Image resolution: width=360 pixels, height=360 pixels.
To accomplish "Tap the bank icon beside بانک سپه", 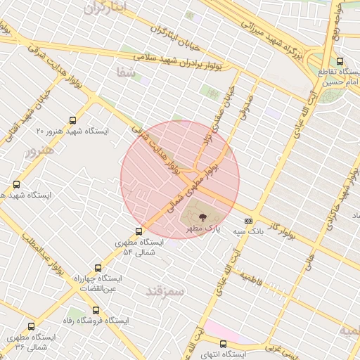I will click(248, 221).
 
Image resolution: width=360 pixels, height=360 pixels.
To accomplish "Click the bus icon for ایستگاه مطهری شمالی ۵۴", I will click(139, 231).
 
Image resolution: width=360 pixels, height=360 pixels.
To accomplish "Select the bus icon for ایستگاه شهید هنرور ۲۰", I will click(74, 120).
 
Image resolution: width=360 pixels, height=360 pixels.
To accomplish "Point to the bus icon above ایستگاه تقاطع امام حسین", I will click(340, 62).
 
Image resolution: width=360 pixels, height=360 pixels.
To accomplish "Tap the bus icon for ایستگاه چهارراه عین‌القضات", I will click(97, 268).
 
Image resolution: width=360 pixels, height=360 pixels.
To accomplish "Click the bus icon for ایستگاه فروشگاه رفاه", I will click(96, 310).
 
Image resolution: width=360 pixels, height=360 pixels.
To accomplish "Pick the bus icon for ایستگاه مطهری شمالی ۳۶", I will click(31, 327).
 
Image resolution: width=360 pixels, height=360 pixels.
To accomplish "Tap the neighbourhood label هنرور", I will click(38, 151).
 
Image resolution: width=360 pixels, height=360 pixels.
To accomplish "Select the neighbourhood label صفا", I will click(127, 72).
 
